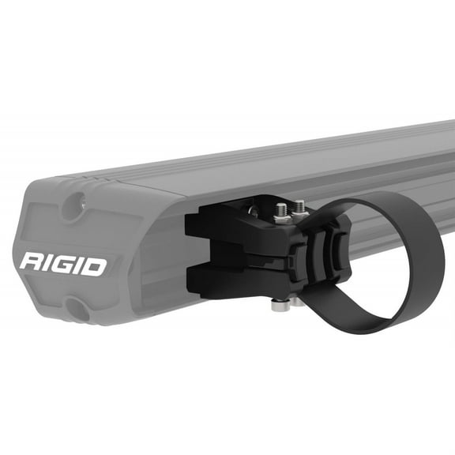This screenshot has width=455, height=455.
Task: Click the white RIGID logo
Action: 62,264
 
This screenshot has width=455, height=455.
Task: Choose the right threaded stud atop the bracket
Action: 299,208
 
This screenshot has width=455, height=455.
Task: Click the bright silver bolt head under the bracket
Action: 280,304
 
